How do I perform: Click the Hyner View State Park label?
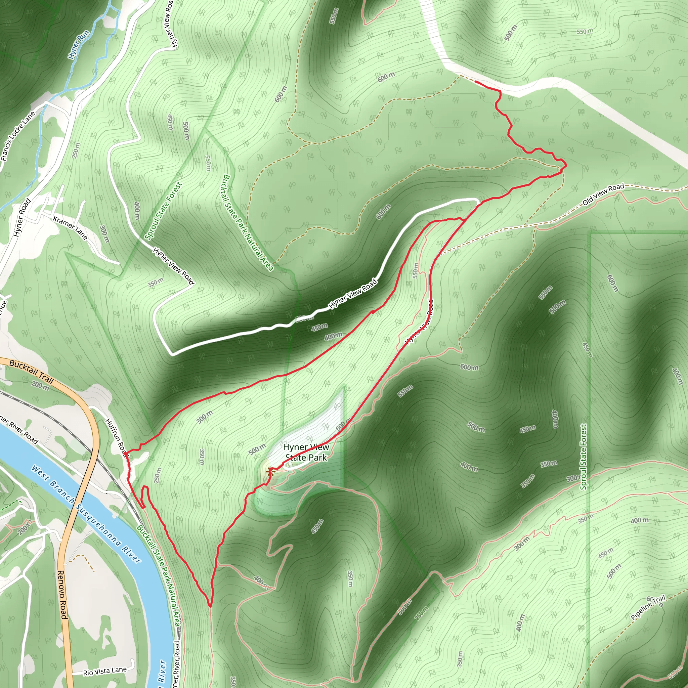tap(306, 452)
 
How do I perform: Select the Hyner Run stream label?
tap(79, 45)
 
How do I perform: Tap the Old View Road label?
tap(603, 195)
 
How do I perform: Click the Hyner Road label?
tap(22, 218)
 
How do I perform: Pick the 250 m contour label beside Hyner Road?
tap(76, 150)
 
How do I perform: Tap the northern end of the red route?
tap(476, 82)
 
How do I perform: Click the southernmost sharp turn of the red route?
tap(210, 606)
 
